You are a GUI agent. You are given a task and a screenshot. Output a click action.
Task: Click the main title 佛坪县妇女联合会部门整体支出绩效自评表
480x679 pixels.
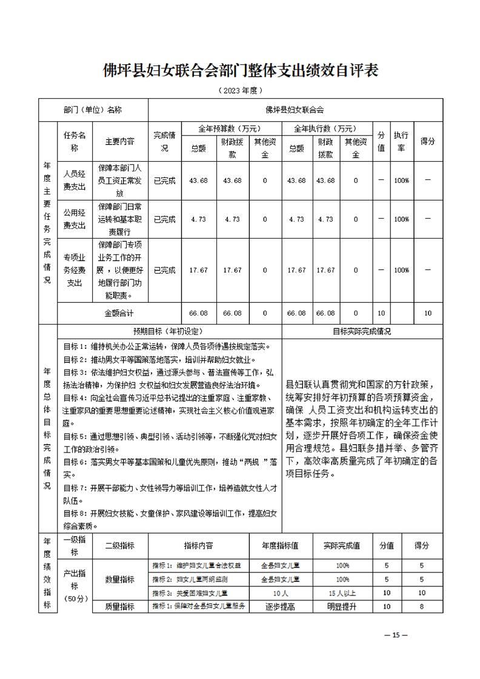pos(240,70)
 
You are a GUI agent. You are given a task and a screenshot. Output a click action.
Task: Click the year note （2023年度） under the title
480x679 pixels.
pos(239,90)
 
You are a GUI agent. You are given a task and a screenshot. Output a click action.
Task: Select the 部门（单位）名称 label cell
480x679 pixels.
pos(92,110)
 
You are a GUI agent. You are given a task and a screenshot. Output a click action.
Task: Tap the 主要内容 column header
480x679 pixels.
pos(119,141)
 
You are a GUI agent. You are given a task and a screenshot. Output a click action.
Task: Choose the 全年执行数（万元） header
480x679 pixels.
pos(325,128)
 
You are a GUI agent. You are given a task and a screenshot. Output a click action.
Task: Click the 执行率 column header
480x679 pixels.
pos(401,141)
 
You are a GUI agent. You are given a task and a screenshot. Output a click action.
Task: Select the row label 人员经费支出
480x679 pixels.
pos(75,180)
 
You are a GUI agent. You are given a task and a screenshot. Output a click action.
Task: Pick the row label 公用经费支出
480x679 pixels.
pos(75,219)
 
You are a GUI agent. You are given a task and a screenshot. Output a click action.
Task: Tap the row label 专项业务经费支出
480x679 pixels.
pos(75,270)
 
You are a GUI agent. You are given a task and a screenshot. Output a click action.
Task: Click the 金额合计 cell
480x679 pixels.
pos(119,313)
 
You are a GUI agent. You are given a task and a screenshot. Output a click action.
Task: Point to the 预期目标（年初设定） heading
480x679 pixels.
pos(169,332)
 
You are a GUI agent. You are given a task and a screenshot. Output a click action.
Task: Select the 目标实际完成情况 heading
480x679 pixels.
pos(362,332)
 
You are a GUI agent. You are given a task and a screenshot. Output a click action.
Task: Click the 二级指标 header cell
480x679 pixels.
pos(119,545)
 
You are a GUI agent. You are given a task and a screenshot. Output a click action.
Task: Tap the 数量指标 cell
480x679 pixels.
pos(119,579)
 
